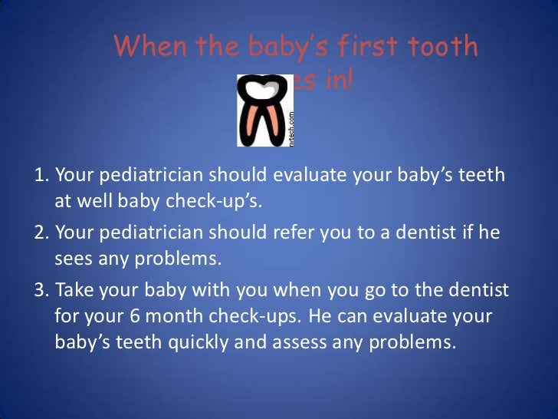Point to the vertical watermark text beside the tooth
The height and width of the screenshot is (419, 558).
(x=290, y=127)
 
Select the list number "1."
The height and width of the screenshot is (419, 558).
(x=43, y=176)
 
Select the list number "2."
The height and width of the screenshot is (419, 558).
(x=43, y=231)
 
